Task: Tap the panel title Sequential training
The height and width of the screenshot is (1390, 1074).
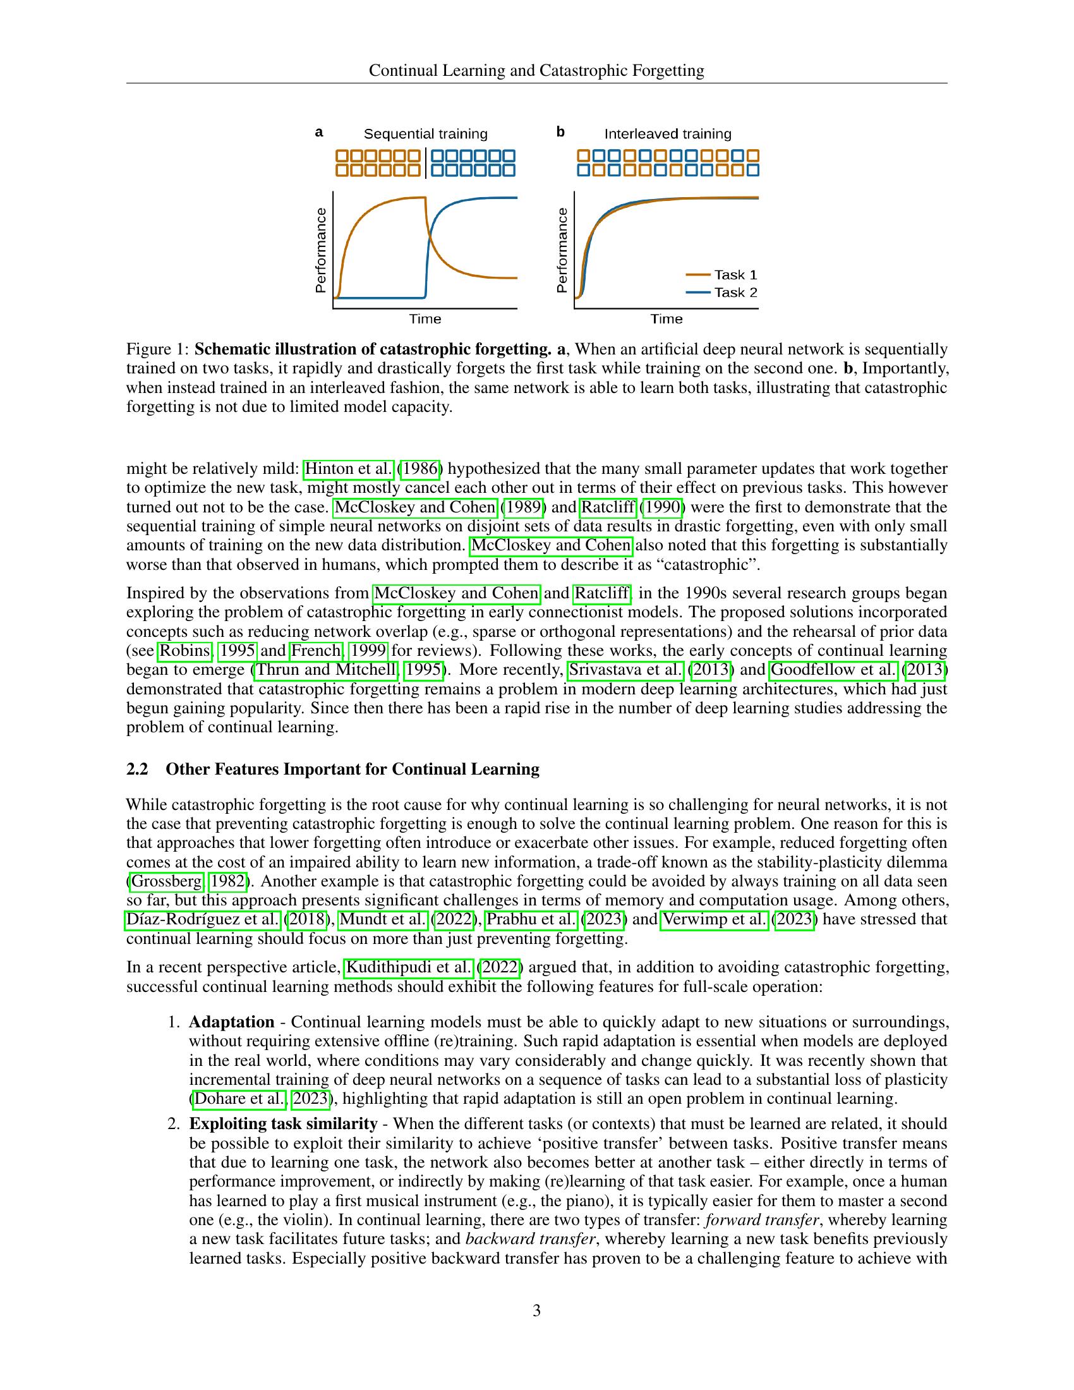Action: (x=425, y=135)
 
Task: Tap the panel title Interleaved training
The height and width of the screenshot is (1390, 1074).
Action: (x=667, y=135)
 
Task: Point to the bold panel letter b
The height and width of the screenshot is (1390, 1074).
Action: (x=560, y=132)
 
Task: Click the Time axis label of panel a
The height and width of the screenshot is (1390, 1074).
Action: (x=425, y=319)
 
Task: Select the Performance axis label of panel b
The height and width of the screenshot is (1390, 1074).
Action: (x=561, y=250)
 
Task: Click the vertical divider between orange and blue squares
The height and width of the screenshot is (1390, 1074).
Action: (x=426, y=163)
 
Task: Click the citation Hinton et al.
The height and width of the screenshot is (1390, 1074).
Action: (x=349, y=469)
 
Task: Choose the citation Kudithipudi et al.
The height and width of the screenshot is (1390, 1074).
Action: (x=408, y=967)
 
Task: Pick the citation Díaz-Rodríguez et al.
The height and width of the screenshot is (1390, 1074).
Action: (x=202, y=920)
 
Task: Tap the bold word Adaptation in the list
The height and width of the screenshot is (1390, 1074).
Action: (x=232, y=1022)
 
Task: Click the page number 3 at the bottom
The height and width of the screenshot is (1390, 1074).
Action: (x=536, y=1310)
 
